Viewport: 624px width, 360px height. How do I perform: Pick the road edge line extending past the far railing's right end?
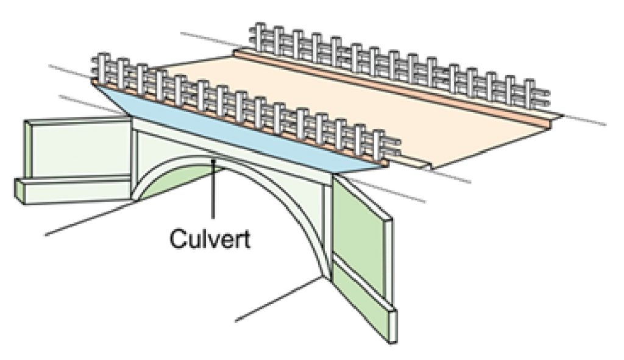[x=585, y=118]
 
